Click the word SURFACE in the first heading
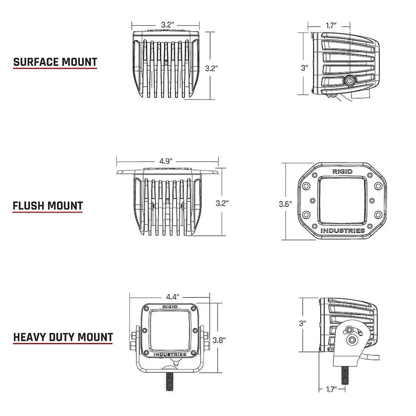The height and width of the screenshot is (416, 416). [x=35, y=62]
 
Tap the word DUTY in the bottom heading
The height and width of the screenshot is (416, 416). [x=64, y=337]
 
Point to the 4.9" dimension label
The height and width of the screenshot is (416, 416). [x=166, y=161]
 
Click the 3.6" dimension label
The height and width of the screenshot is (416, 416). [x=285, y=204]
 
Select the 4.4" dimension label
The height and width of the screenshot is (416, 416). [x=172, y=297]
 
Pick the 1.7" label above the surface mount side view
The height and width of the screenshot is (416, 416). [x=331, y=25]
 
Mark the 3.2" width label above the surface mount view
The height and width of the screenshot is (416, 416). [x=167, y=25]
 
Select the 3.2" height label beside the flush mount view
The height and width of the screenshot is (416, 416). [x=223, y=203]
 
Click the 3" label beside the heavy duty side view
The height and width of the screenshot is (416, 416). [x=303, y=322]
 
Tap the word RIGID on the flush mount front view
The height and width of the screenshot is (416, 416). [x=342, y=171]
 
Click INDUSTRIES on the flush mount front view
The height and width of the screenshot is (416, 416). [x=342, y=231]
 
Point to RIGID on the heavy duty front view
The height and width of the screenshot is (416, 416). [x=169, y=307]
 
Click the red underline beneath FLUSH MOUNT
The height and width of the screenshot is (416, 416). [x=47, y=213]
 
